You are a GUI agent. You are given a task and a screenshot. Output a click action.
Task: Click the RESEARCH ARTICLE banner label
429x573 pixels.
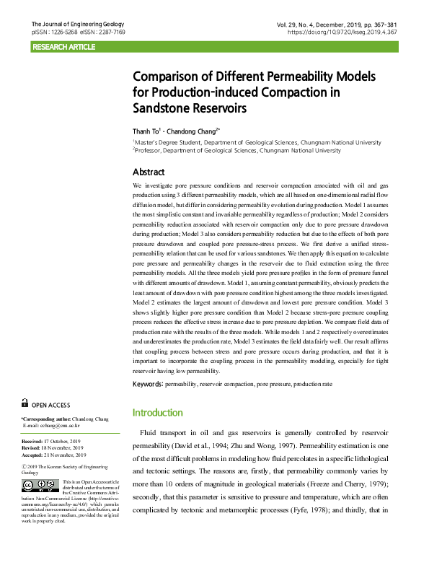click(x=63, y=47)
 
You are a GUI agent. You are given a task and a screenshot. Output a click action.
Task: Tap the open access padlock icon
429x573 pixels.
click(x=25, y=404)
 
